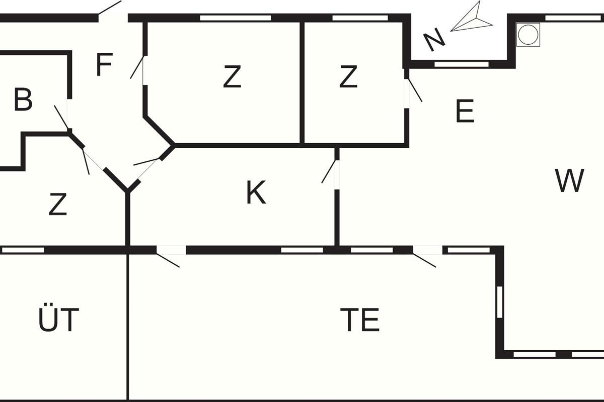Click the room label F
(x=103, y=65)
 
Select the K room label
(x=256, y=193)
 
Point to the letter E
(x=465, y=112)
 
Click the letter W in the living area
(x=570, y=181)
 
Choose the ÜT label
(x=59, y=320)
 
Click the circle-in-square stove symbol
(x=528, y=35)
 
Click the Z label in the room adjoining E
(x=348, y=77)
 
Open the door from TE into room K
(x=171, y=250)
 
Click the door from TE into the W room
(x=428, y=250)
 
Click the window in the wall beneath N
(x=461, y=64)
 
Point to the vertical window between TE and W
(x=499, y=301)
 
